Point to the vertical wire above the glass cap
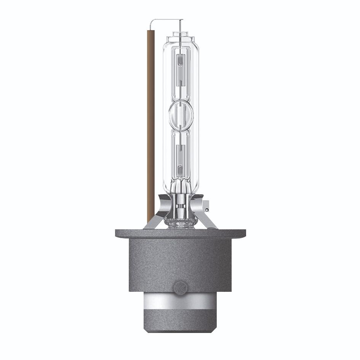point(180,27)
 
